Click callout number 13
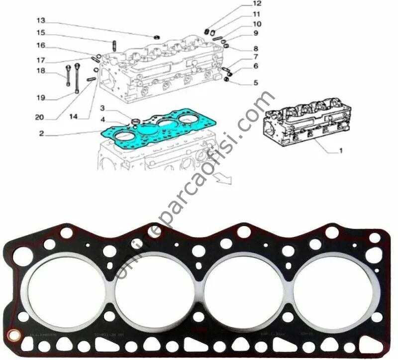(41, 20)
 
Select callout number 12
(257, 4)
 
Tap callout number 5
(256, 83)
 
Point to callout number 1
(341, 149)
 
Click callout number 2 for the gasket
(41, 133)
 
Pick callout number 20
(40, 118)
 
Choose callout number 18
(40, 71)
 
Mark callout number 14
(73, 117)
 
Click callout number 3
(101, 108)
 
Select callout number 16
(41, 45)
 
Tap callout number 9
(256, 34)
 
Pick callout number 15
(41, 33)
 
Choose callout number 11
(257, 14)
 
